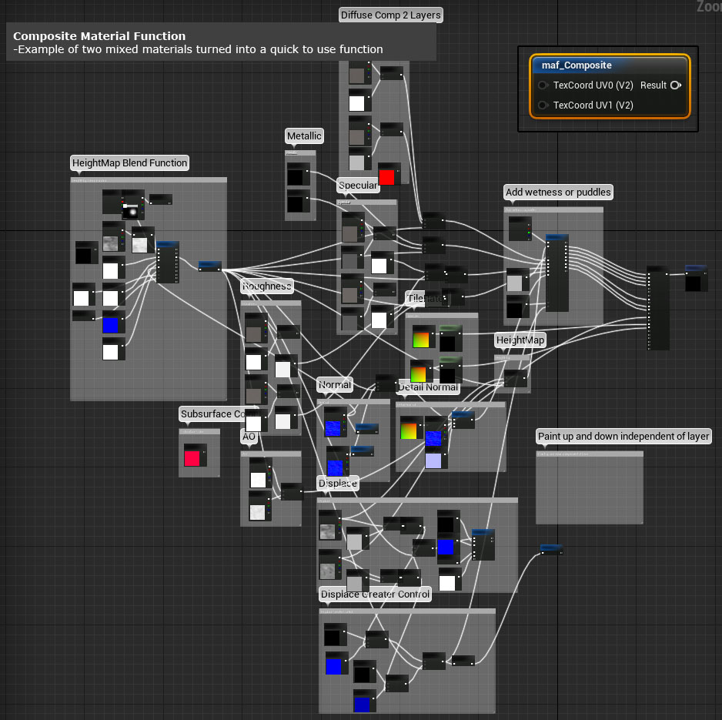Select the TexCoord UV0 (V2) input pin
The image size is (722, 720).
click(x=543, y=85)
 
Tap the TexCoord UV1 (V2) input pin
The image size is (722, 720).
click(x=543, y=105)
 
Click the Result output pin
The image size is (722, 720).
click(x=675, y=85)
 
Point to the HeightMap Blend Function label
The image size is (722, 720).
click(x=129, y=163)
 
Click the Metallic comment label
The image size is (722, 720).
click(x=304, y=136)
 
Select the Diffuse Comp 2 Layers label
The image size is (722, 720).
click(x=391, y=15)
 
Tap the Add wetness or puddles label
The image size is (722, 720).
click(x=558, y=192)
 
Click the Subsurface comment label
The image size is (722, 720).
click(x=212, y=414)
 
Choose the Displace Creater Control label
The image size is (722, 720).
click(x=375, y=594)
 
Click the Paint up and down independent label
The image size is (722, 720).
click(x=623, y=437)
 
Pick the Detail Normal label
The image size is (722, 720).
click(x=428, y=387)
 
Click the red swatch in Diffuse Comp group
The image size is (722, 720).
click(x=386, y=176)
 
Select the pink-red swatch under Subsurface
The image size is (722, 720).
click(x=192, y=458)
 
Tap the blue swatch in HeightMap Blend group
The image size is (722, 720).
click(x=111, y=325)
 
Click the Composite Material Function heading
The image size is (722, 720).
click(x=99, y=36)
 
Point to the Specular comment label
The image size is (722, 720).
click(x=358, y=186)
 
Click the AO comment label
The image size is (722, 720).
click(x=249, y=437)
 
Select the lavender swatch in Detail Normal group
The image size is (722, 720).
click(x=433, y=460)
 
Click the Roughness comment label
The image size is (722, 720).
click(x=266, y=286)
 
